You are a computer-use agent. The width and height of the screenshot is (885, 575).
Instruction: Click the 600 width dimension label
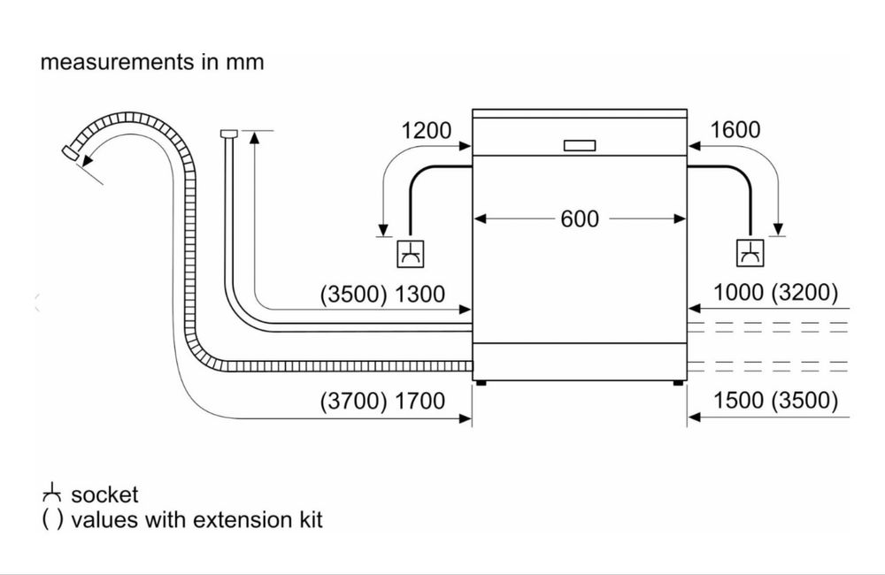(580, 218)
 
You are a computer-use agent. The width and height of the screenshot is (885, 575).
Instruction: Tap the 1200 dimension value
(427, 130)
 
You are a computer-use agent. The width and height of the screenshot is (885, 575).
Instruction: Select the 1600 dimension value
(735, 130)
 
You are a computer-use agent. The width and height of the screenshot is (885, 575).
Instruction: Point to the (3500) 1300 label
(382, 294)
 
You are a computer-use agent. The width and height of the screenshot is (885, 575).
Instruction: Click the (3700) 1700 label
(382, 402)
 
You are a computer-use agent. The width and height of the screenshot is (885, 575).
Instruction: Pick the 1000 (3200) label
(776, 292)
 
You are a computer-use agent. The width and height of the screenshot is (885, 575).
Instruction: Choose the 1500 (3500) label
(776, 400)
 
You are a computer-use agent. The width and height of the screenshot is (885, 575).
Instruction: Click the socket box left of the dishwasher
(411, 253)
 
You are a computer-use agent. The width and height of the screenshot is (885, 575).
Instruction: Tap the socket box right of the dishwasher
(750, 253)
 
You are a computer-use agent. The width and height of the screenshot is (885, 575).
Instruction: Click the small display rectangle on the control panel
(580, 146)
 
